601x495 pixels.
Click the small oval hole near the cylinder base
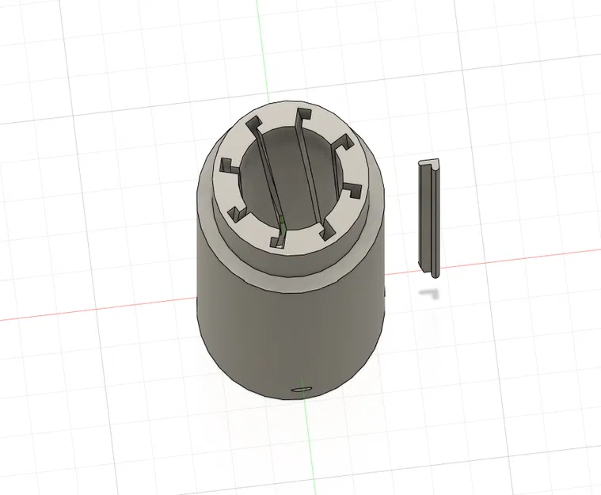point(302,390)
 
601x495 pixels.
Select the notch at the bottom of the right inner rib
point(325,230)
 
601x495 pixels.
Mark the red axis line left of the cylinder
point(95,310)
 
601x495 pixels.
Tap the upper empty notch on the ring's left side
point(227,166)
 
